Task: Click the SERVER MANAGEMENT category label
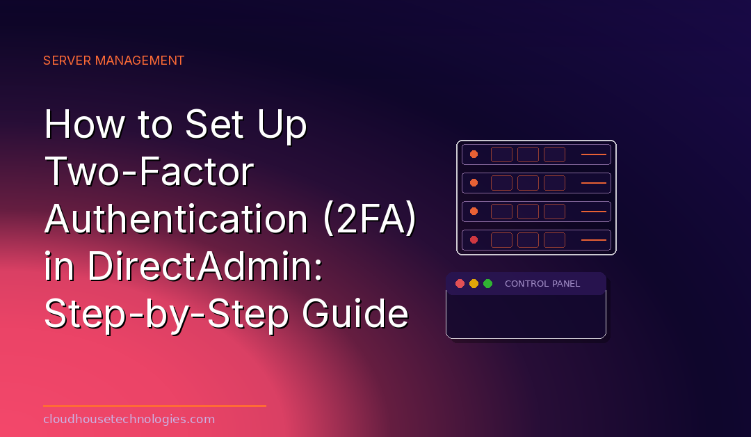[113, 61]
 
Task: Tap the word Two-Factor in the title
[149, 172]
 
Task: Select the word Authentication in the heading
[176, 219]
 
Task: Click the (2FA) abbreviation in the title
[370, 219]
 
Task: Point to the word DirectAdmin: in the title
[205, 267]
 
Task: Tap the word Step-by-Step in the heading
[167, 315]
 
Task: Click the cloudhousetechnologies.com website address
[129, 420]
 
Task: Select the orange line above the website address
[154, 406]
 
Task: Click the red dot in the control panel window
[460, 284]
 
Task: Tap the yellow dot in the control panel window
[474, 284]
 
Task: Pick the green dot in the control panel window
[487, 284]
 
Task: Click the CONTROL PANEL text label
[542, 284]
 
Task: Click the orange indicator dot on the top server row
[474, 154]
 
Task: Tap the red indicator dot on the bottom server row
[474, 239]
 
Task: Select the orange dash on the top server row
[593, 154]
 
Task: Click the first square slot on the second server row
[501, 183]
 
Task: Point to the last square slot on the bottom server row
[554, 240]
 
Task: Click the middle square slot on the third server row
[528, 212]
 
